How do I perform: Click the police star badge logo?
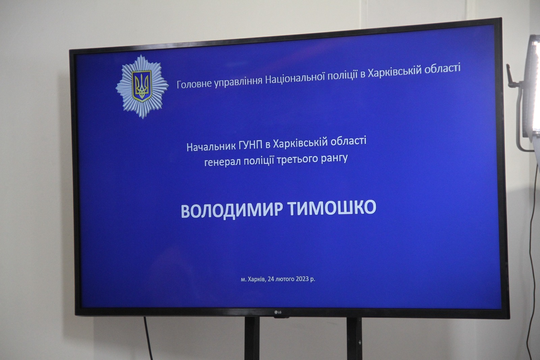pyautogui.click(x=142, y=86)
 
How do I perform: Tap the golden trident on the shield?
pyautogui.click(x=142, y=86)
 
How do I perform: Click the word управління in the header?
pyautogui.click(x=238, y=81)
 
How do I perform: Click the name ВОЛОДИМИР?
pyautogui.click(x=232, y=211)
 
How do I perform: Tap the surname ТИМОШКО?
pyautogui.click(x=332, y=207)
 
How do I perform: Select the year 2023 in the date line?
pyautogui.click(x=302, y=279)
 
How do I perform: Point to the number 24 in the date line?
pyautogui.click(x=271, y=279)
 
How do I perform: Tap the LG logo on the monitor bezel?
pyautogui.click(x=278, y=312)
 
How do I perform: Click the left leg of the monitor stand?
pyautogui.click(x=252, y=338)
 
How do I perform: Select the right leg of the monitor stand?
pyautogui.click(x=354, y=338)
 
